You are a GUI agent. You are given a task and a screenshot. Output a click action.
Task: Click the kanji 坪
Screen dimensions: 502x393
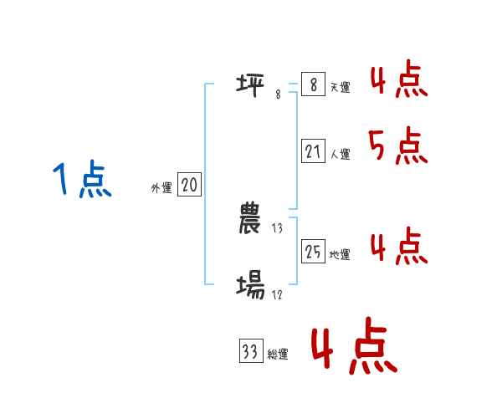point(251,84)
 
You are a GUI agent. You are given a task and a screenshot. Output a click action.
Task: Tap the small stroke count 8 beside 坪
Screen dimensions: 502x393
point(278,94)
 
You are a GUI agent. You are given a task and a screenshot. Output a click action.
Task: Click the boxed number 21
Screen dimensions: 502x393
point(313,151)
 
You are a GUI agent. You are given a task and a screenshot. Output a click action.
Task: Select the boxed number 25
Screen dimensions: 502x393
point(313,252)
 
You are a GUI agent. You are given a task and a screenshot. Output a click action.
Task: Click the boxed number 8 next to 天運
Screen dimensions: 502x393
point(313,84)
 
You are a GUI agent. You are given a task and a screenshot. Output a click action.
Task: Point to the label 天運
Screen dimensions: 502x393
point(340,88)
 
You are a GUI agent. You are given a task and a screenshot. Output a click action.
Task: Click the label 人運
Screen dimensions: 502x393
point(340,155)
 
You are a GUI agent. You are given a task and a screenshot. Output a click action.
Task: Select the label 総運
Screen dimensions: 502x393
point(278,355)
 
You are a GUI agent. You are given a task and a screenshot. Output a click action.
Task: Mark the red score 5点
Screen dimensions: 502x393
point(398,147)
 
